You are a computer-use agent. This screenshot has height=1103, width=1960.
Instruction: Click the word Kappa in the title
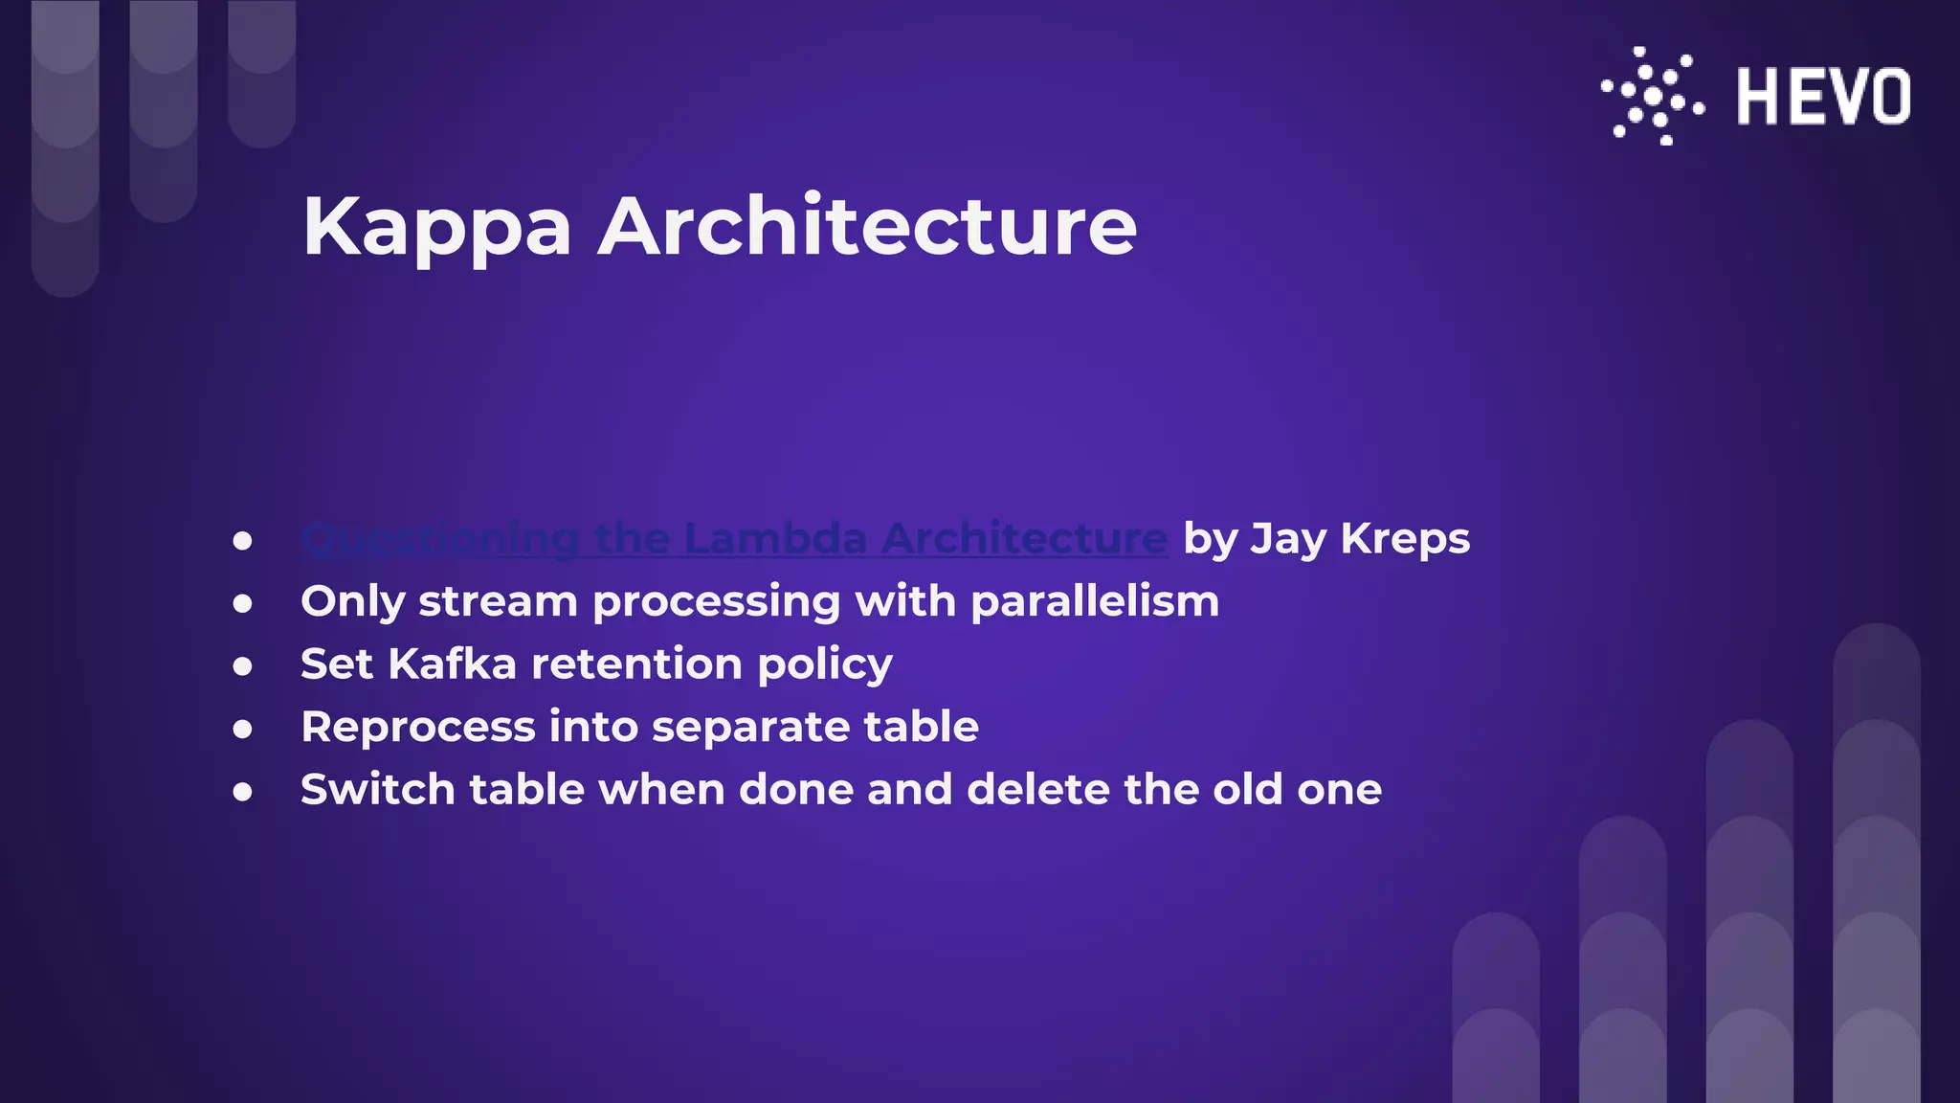click(x=436, y=228)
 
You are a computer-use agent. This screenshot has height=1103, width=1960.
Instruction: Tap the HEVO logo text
click(x=1823, y=97)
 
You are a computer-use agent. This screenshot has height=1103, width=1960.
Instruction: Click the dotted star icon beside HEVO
click(x=1653, y=97)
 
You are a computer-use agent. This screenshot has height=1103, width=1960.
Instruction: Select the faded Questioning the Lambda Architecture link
click(x=734, y=539)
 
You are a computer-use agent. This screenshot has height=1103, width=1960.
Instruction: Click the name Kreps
click(x=1405, y=539)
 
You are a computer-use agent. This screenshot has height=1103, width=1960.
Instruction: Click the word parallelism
click(x=1095, y=602)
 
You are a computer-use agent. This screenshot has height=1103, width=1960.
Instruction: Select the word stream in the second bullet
click(x=498, y=602)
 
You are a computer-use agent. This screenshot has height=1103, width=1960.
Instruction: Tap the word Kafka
click(x=453, y=664)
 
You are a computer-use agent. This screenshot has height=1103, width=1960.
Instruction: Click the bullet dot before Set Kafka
click(x=243, y=666)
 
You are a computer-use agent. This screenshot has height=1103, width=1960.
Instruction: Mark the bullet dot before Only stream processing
click(x=243, y=604)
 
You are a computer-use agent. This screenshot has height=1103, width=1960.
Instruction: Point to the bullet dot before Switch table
click(x=243, y=792)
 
